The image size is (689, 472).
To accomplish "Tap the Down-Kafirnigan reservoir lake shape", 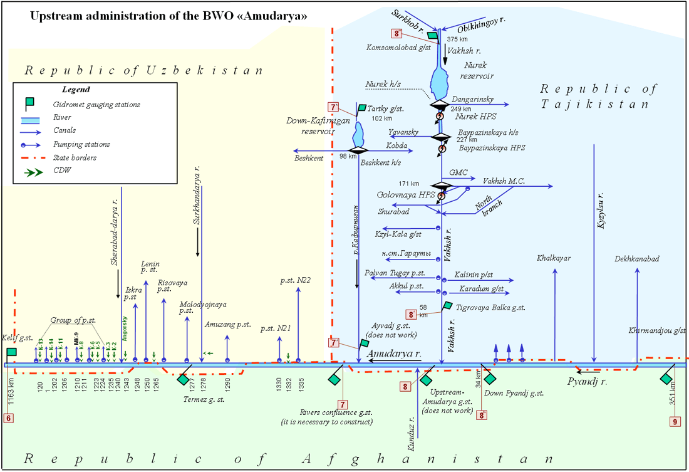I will tap(358, 134).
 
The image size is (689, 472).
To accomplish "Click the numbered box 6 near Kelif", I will tap(8, 418).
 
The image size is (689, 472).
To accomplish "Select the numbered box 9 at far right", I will tap(675, 422).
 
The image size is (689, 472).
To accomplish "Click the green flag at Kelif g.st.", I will tap(12, 352).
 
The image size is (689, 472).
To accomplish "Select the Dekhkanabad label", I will tap(637, 258).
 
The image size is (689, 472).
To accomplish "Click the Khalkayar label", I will tap(554, 258).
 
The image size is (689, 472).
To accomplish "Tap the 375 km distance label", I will tap(457, 39).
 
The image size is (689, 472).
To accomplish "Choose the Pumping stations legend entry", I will tap(84, 144).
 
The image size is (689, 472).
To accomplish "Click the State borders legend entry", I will tap(76, 158).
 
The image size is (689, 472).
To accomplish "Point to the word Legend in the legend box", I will tap(76, 90).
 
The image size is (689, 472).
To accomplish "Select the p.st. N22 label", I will tap(296, 280).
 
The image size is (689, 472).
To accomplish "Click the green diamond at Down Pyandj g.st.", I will tap(490, 379).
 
